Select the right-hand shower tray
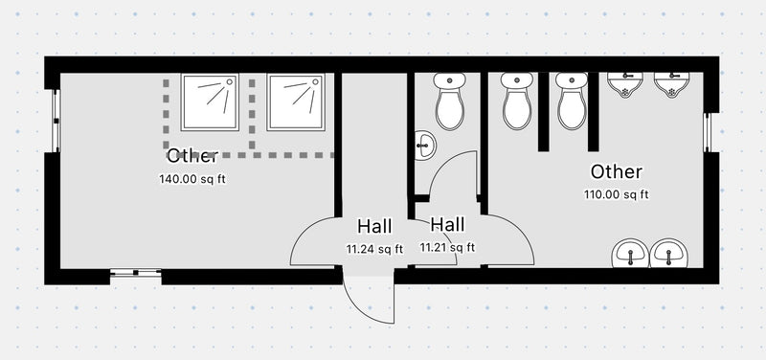296,102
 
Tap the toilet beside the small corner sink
449,102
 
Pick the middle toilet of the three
516,102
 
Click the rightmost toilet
572,102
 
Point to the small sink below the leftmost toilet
425,146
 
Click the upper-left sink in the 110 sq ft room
626,86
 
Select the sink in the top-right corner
672,86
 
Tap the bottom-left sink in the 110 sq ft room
630,254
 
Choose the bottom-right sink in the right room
668,254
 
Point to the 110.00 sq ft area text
617,195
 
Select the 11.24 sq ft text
374,249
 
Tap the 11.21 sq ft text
447,248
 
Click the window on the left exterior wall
56,120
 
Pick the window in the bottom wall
134,274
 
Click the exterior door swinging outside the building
369,299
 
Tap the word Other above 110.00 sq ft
617,172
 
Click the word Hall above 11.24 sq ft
374,227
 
